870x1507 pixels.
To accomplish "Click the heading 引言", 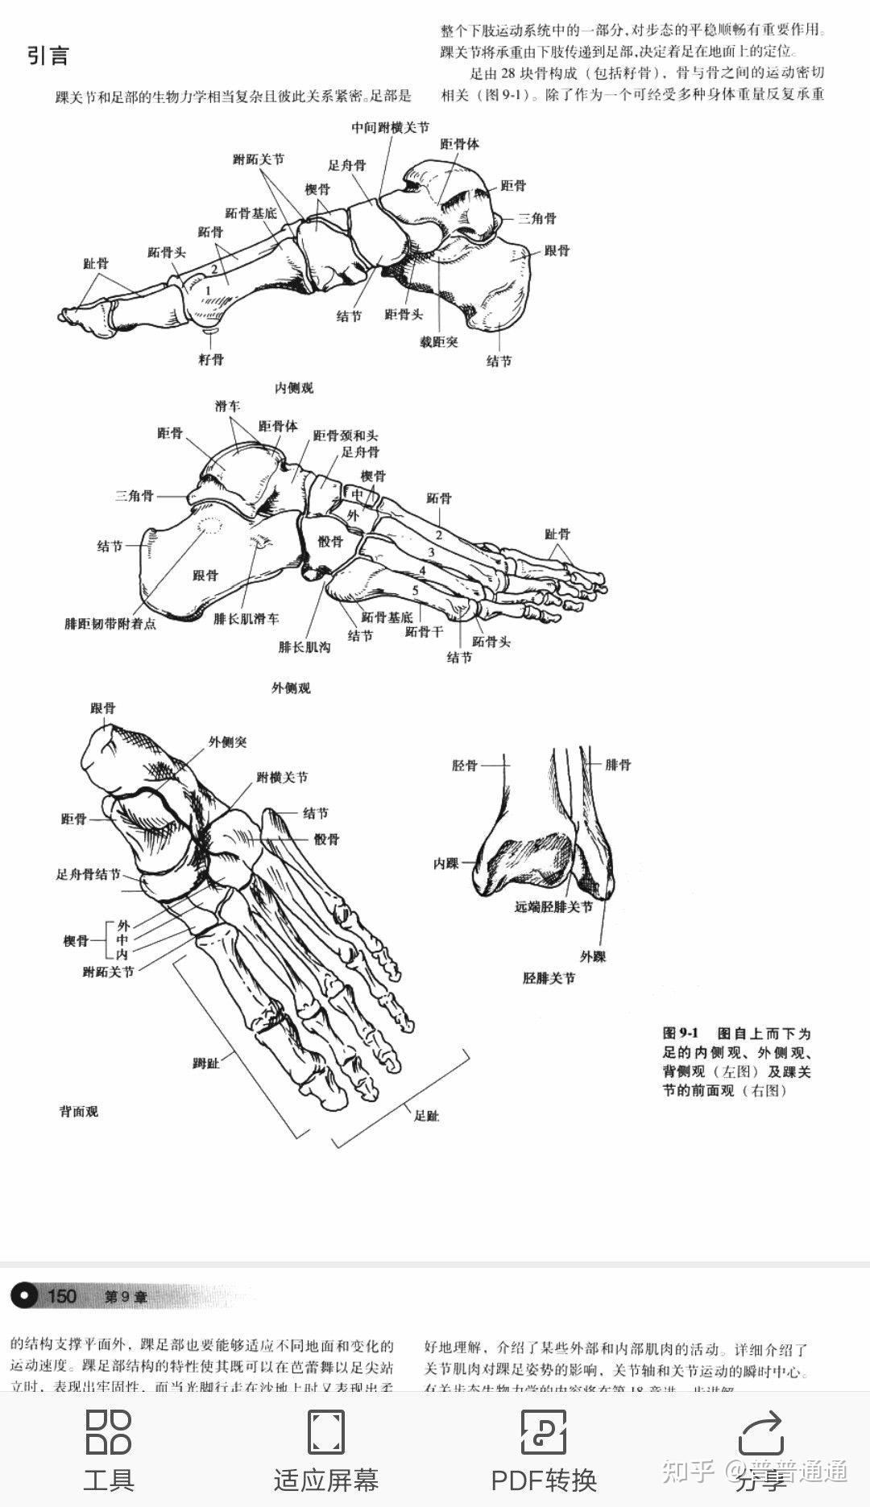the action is (48, 56).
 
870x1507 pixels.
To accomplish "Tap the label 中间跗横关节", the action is (391, 127).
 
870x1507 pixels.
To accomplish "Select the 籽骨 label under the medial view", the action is (211, 359).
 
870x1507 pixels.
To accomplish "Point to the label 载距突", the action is (438, 341).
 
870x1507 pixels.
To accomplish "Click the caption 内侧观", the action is (294, 388).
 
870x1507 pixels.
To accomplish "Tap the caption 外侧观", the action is (291, 687).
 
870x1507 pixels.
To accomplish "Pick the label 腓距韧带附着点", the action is (110, 623).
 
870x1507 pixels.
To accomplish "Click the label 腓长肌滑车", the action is (246, 618).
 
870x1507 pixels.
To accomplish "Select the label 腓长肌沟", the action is (304, 646).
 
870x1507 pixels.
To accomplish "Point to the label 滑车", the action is (227, 407).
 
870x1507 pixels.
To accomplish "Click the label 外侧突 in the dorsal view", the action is (228, 741).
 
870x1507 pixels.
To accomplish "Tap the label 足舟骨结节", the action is (88, 874).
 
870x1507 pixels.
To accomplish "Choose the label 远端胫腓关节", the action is (553, 906).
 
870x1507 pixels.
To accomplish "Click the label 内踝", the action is (445, 863).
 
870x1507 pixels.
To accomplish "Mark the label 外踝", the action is (593, 956).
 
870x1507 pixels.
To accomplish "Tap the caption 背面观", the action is (78, 1112).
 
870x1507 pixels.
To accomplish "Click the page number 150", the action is (61, 1295).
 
